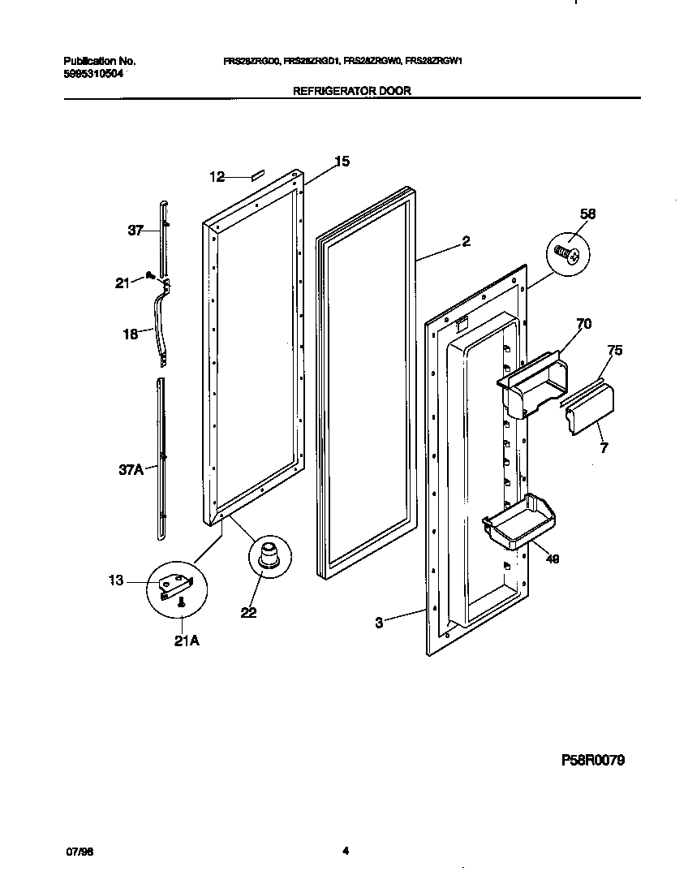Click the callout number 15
342,162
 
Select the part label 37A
130,468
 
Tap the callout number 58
587,214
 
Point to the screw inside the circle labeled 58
565,255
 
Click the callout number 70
583,324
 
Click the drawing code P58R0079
593,761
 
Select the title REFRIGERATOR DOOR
351,91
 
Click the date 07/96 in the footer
75,852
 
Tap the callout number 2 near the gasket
466,241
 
